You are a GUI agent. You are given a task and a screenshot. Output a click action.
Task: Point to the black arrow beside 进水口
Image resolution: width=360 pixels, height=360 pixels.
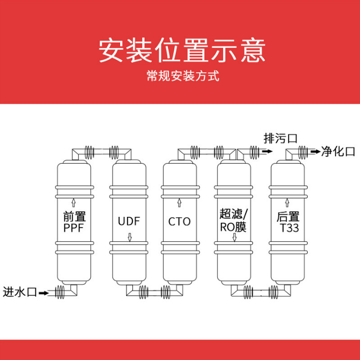43,293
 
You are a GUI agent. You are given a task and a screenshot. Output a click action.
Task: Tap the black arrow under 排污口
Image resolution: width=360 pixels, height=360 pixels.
266,152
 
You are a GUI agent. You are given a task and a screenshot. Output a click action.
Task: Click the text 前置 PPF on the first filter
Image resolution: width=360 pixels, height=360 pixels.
74,222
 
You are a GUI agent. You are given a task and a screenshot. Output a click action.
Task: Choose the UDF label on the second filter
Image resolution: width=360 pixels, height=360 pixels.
129,221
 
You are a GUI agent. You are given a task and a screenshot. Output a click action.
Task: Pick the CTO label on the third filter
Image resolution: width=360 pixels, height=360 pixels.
180,221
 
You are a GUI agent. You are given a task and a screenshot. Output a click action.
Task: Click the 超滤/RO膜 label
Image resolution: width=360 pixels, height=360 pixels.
234,220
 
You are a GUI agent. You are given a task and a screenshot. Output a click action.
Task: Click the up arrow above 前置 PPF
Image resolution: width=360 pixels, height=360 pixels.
75,201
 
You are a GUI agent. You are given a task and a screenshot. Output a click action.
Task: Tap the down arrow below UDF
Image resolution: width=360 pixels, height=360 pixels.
130,237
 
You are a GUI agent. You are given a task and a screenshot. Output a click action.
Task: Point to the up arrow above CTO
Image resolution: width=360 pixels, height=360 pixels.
180,201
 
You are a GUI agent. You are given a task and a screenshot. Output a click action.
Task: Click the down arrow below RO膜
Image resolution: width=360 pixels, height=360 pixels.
234,237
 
